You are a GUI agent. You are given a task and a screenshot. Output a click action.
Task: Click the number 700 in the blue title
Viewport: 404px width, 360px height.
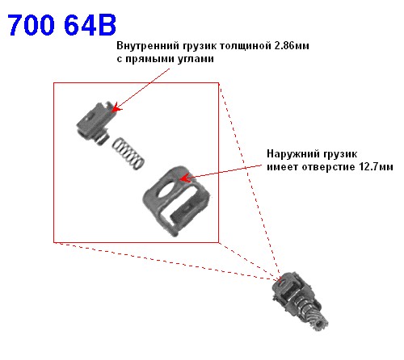coord(31,25)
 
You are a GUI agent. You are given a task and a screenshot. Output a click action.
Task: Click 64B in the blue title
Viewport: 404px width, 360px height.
coord(90,25)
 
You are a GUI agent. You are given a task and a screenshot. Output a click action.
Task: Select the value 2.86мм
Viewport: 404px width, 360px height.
coord(292,46)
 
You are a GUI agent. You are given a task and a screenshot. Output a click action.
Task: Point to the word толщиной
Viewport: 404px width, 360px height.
coord(246,46)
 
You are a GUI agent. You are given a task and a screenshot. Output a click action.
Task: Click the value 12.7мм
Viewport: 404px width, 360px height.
coord(376,167)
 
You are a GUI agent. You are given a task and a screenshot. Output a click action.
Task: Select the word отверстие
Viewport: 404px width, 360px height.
coord(328,167)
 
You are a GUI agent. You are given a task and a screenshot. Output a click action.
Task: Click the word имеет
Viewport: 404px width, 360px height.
coord(282,167)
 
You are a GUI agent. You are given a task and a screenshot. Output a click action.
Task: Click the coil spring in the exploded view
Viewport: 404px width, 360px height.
coord(128,153)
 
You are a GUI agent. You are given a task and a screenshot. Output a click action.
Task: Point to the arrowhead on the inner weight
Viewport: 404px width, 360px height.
coord(116,108)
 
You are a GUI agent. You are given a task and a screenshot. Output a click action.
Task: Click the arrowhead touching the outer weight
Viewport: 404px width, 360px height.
coord(184,178)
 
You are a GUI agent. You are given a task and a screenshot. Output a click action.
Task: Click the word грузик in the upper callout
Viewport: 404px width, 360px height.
coord(200,46)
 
